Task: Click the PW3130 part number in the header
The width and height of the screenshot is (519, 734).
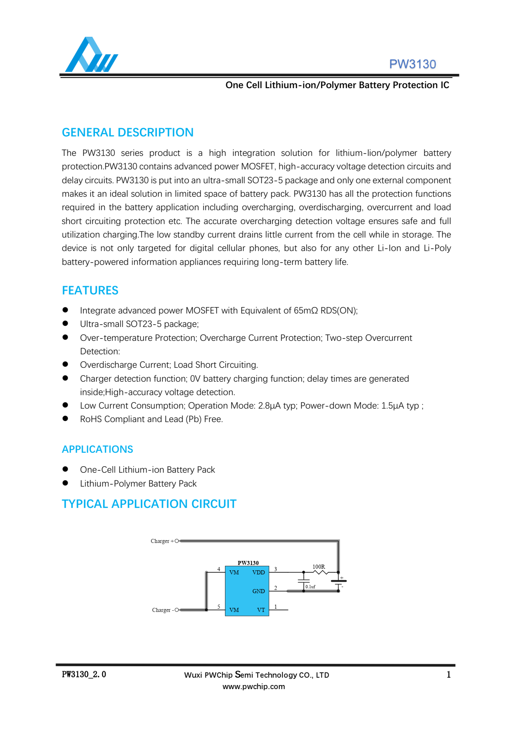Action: [412, 64]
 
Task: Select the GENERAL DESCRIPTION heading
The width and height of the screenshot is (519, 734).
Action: [127, 132]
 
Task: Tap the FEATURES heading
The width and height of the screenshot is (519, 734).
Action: [90, 290]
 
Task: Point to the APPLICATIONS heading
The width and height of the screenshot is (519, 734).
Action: [97, 449]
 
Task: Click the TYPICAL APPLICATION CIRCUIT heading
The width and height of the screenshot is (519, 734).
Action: [149, 504]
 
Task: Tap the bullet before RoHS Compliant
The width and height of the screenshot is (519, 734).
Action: [65, 418]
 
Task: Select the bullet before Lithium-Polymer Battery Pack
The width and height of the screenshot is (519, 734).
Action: [65, 483]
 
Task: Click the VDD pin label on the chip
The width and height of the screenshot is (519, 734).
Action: [258, 572]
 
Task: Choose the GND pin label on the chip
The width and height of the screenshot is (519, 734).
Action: [258, 591]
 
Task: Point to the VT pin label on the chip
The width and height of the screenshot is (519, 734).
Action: [261, 610]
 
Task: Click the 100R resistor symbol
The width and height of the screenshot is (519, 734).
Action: [321, 572]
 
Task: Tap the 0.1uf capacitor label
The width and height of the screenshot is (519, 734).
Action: [310, 587]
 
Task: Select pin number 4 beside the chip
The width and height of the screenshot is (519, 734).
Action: [219, 569]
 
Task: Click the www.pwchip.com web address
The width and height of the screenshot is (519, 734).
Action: [254, 686]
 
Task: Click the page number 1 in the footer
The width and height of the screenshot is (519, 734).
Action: [448, 674]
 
